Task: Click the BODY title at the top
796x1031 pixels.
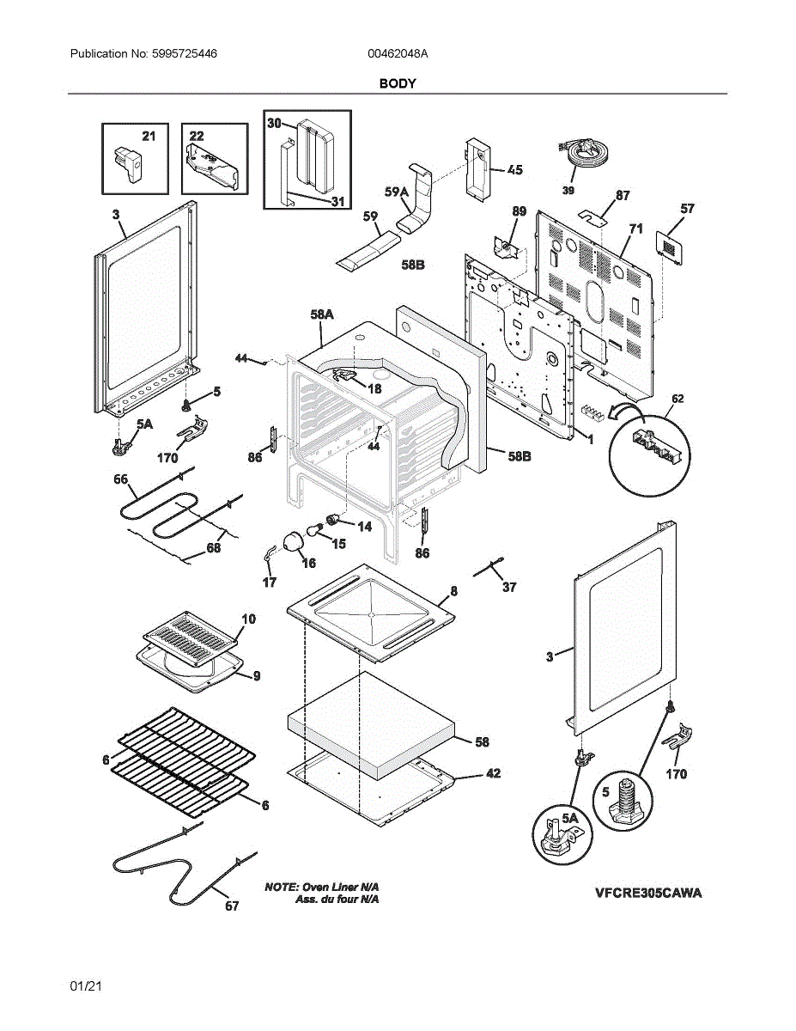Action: pos(398,83)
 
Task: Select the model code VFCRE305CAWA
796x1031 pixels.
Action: pos(648,893)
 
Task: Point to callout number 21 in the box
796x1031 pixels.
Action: pos(149,136)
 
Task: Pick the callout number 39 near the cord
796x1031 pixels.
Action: pos(568,191)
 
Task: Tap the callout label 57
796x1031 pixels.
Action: pos(687,209)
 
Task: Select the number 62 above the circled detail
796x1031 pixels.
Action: pos(678,399)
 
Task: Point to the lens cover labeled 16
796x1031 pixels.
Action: pos(294,542)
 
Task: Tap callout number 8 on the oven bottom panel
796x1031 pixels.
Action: pos(453,591)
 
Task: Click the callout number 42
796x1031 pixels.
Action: pos(493,773)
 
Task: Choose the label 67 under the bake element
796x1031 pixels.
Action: pos(232,906)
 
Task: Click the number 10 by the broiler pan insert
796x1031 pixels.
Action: pos(248,619)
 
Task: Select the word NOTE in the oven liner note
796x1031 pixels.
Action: pos(280,886)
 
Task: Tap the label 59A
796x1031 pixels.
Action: pos(396,192)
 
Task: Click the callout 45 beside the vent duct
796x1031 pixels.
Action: pos(513,170)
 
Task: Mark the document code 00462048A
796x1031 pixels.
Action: pos(398,53)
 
